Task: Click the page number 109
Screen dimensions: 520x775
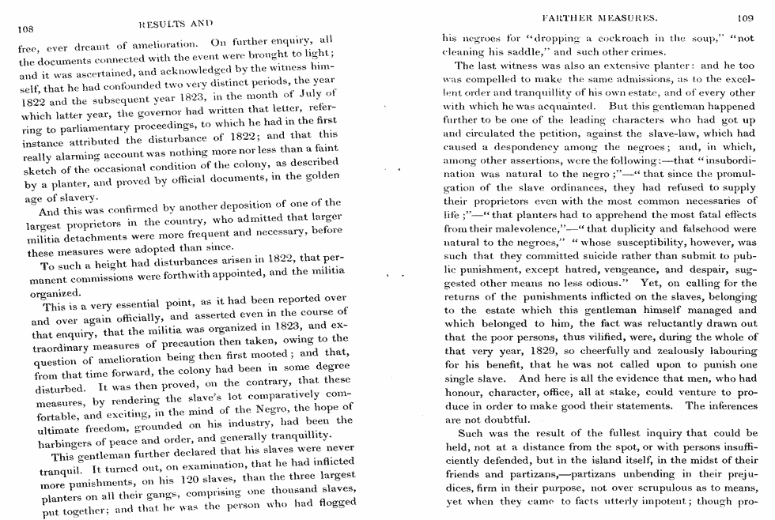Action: point(746,17)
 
